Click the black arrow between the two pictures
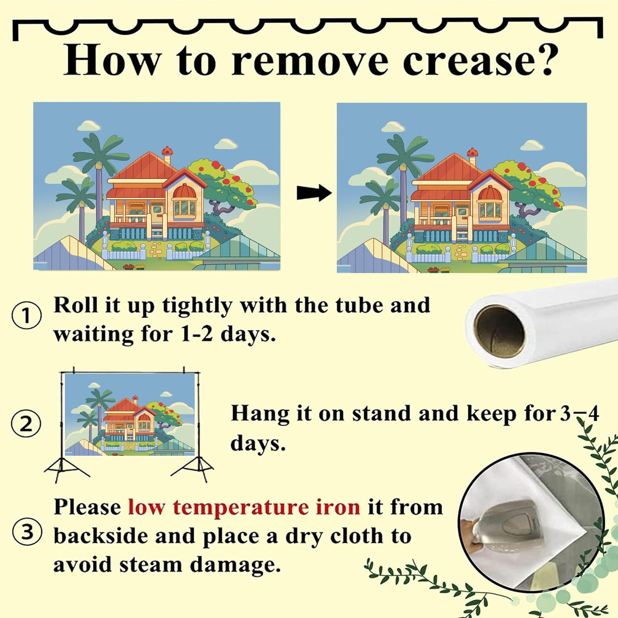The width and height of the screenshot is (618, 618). pyautogui.click(x=314, y=193)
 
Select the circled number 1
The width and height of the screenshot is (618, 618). pyautogui.click(x=27, y=316)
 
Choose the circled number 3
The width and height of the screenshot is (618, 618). pyautogui.click(x=27, y=532)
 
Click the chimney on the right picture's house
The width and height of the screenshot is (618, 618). pyautogui.click(x=472, y=156)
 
